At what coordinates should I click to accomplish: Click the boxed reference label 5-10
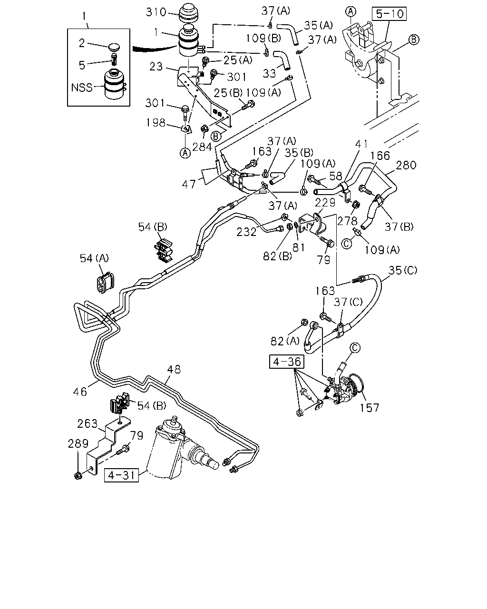click(x=389, y=14)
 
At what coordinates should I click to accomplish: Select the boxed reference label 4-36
click(x=287, y=362)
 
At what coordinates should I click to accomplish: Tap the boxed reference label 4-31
click(x=121, y=475)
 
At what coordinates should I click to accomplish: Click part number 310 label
click(x=156, y=12)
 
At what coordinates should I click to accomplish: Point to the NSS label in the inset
click(x=82, y=88)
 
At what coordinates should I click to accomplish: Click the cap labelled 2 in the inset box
click(x=114, y=47)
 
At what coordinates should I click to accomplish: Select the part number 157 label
click(x=369, y=408)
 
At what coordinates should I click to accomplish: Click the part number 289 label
click(x=78, y=443)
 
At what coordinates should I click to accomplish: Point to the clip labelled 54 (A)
click(x=105, y=282)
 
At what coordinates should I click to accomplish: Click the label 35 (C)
click(x=403, y=270)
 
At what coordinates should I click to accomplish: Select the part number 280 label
click(x=406, y=165)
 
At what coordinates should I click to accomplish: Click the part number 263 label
click(x=87, y=423)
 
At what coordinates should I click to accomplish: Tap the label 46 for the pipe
click(x=80, y=392)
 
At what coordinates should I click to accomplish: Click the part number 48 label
click(x=174, y=369)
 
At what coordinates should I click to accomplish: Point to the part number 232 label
click(x=246, y=232)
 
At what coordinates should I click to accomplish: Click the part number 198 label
click(x=156, y=123)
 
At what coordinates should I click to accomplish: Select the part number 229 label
click(x=325, y=203)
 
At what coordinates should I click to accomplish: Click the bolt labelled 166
click(x=365, y=190)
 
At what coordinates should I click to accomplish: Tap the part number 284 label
click(x=202, y=147)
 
